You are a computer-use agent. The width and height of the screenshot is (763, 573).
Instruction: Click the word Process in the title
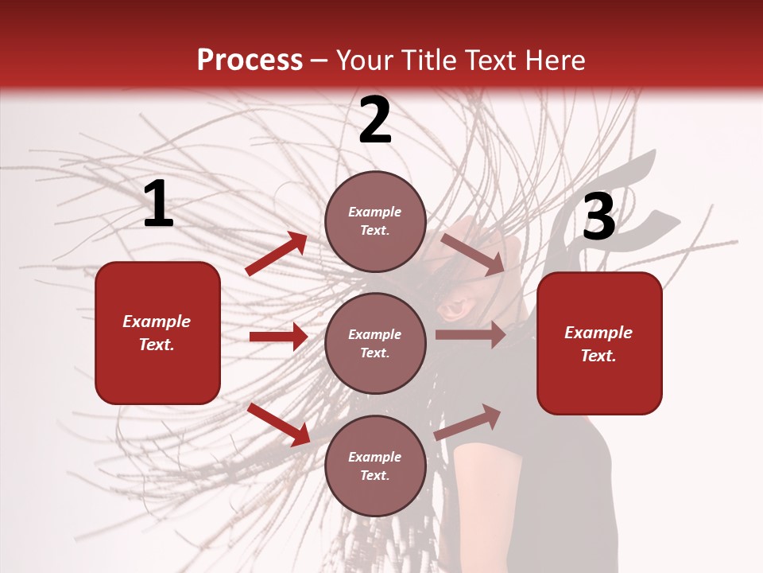[250, 60]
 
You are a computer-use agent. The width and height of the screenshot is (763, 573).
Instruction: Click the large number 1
[158, 205]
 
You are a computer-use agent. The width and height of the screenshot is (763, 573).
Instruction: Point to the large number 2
[375, 121]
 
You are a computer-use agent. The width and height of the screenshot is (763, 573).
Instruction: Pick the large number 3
[598, 217]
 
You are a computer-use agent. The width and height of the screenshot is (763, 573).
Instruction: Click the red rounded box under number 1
[157, 333]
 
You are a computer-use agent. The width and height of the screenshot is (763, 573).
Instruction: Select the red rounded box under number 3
[599, 343]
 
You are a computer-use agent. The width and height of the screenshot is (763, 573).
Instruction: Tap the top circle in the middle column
[375, 221]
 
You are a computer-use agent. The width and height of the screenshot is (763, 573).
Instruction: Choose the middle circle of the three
[375, 343]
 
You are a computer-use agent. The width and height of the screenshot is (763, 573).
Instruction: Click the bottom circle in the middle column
[375, 466]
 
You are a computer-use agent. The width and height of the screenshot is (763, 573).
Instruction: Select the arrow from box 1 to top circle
[277, 254]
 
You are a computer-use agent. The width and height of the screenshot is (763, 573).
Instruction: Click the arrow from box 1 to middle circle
[278, 337]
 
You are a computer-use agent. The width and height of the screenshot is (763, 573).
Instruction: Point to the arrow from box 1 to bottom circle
[278, 424]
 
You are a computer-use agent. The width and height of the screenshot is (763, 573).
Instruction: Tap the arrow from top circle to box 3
[472, 254]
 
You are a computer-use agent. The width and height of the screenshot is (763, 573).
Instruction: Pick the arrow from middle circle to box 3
[471, 335]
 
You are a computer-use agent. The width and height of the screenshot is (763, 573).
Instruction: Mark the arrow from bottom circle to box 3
[468, 422]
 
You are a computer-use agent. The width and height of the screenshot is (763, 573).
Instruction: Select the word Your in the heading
[366, 60]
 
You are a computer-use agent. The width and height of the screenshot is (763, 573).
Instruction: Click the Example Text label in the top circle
[375, 221]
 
